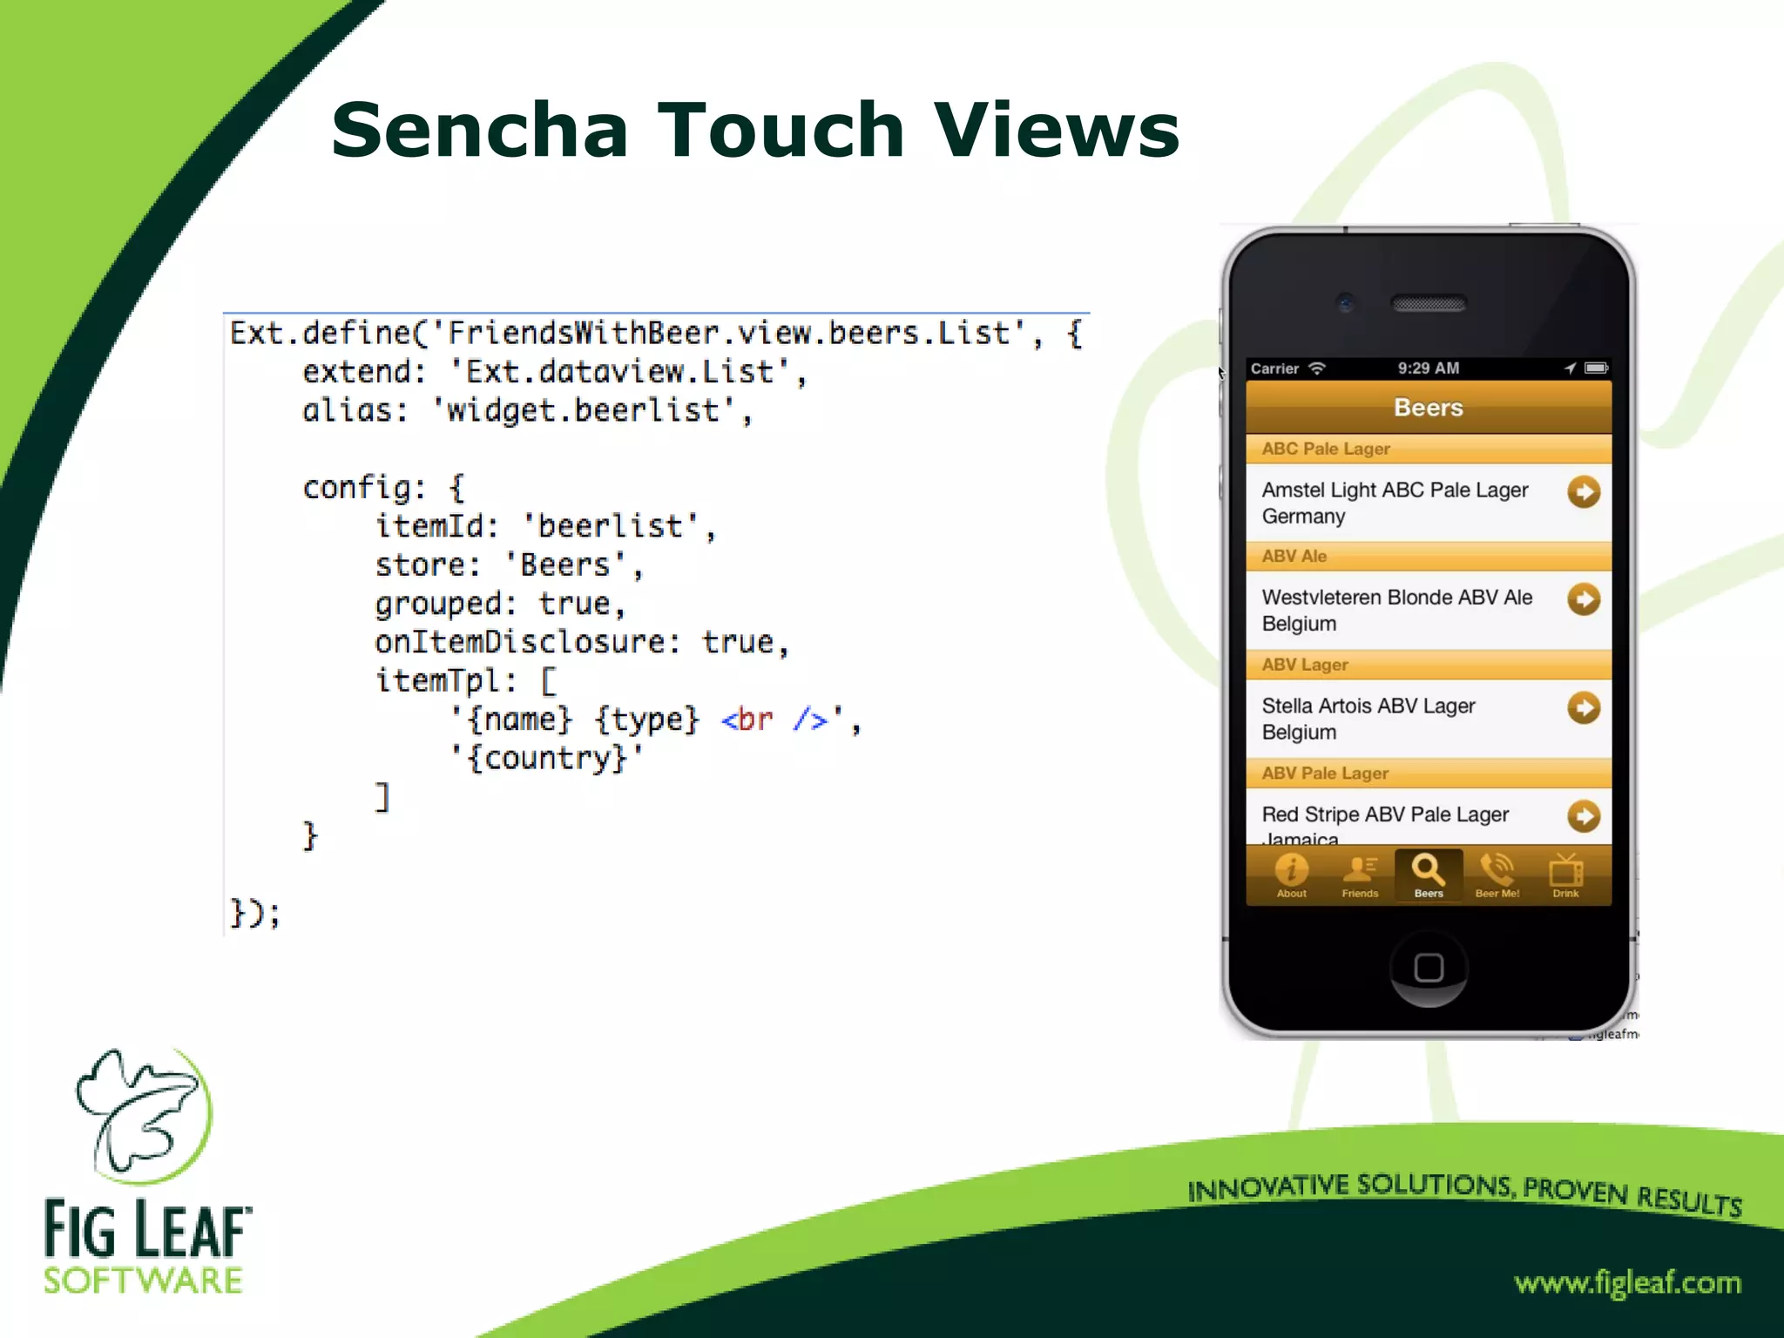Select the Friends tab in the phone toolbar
(x=1360, y=875)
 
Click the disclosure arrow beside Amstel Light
(x=1584, y=492)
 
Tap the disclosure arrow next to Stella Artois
(x=1584, y=707)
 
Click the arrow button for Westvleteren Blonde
(x=1584, y=599)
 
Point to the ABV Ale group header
(x=1294, y=556)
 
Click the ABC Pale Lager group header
(x=1326, y=449)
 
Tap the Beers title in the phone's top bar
(x=1429, y=408)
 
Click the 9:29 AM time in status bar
(x=1429, y=368)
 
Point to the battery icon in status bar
(x=1596, y=368)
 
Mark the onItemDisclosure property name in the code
(x=519, y=642)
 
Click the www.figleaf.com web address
(x=1627, y=1282)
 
